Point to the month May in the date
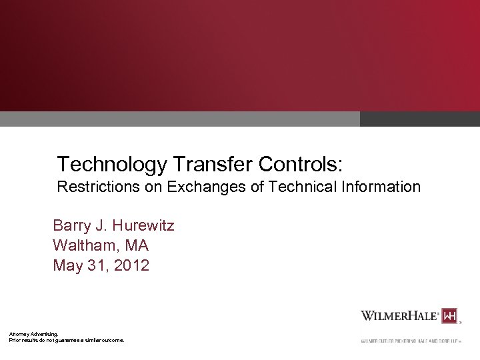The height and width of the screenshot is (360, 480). coord(67,266)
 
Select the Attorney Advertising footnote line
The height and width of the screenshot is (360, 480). coord(33,333)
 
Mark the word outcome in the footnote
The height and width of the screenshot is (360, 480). coord(111,340)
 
